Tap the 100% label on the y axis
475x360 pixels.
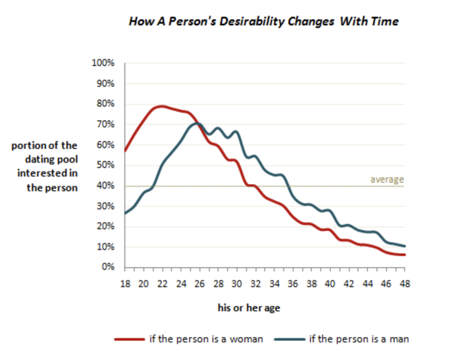tap(103, 63)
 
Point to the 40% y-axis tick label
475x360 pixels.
tap(105, 186)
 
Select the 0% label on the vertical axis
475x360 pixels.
tap(108, 266)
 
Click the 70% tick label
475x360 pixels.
tap(105, 124)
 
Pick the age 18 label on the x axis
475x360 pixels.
tap(125, 284)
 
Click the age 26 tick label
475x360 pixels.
tap(200, 284)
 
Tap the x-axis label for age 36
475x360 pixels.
tap(293, 284)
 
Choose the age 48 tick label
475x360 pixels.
tap(405, 284)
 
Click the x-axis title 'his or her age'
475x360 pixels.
tap(249, 308)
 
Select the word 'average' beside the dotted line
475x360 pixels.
tap(387, 180)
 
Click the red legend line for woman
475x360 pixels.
tap(129, 339)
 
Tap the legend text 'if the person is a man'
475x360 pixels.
tap(359, 338)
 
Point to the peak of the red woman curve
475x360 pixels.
tap(162, 106)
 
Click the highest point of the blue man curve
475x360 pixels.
tap(197, 123)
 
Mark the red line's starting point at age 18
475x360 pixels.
tap(125, 151)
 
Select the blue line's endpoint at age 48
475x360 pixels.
tap(404, 246)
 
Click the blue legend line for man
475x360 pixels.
tap(289, 339)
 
